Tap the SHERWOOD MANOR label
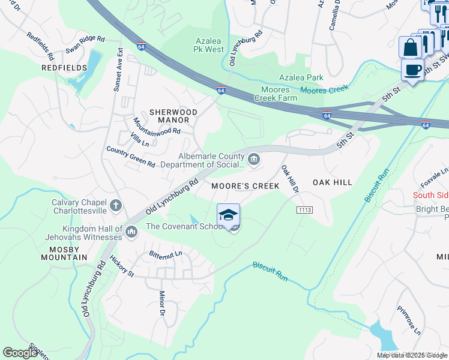pyautogui.click(x=173, y=116)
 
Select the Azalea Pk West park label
pyautogui.click(x=209, y=45)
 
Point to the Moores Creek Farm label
pyautogui.click(x=276, y=94)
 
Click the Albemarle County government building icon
pyautogui.click(x=254, y=159)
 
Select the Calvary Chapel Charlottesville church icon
pyautogui.click(x=116, y=206)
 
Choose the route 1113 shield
pyautogui.click(x=303, y=209)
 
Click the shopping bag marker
pyautogui.click(x=410, y=47)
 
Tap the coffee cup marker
pyautogui.click(x=412, y=70)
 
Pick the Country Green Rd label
pyautogui.click(x=130, y=157)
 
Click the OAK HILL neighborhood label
pyautogui.click(x=331, y=182)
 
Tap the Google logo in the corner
pyautogui.click(x=20, y=353)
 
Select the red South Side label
pyautogui.click(x=431, y=195)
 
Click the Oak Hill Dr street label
pyautogui.click(x=291, y=179)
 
